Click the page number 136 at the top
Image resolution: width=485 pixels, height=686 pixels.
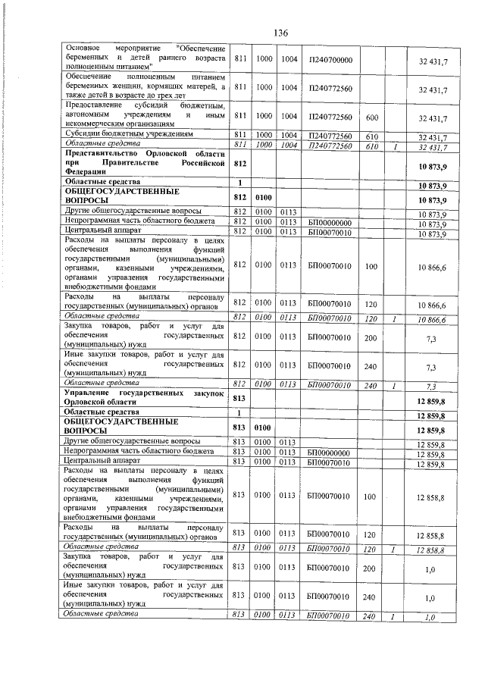pos(280,33)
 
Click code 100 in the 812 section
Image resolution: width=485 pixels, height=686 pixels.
pos(371,265)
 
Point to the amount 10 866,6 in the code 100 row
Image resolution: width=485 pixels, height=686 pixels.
pos(430,265)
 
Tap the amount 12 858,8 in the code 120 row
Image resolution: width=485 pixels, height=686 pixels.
pos(430,534)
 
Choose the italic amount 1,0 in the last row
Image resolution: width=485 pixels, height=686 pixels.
pos(429,617)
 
